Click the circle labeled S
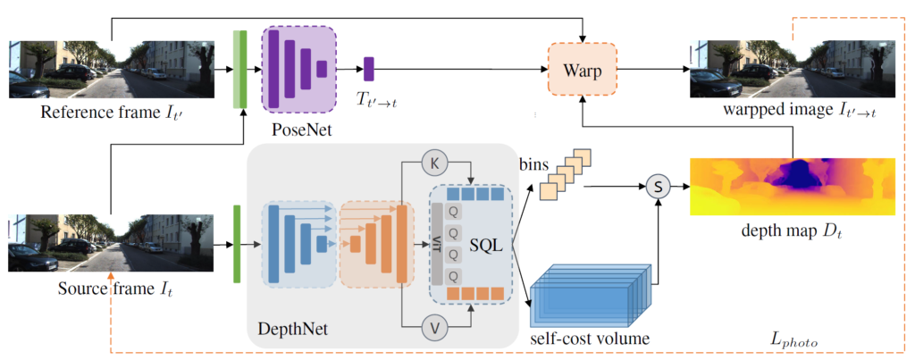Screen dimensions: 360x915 coord(658,188)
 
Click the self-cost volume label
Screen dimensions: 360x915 coord(587,339)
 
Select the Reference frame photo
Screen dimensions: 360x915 coord(111,69)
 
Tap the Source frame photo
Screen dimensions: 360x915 coord(111,242)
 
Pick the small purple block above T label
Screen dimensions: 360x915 coord(368,69)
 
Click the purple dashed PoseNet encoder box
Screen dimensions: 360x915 coord(298,69)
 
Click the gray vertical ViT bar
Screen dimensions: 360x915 coord(437,243)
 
